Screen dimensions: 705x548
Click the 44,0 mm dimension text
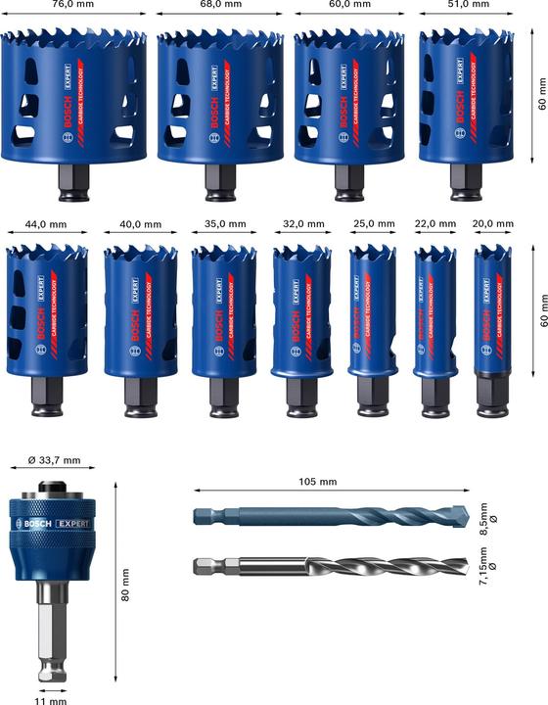click(46, 224)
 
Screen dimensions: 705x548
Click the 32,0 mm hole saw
click(297, 308)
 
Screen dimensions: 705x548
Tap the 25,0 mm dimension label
click(371, 224)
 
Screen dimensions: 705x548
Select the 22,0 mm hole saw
click(434, 313)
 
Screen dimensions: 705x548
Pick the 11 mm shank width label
click(50, 699)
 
